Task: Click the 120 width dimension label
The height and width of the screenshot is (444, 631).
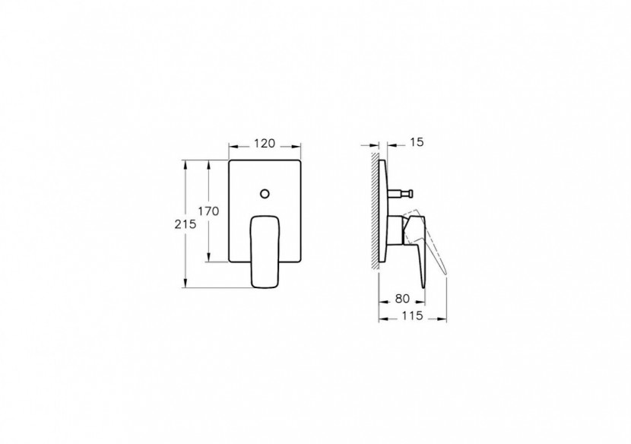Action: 265,144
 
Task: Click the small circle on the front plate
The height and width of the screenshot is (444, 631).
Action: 265,193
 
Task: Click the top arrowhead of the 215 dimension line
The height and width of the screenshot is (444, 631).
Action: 185,163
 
